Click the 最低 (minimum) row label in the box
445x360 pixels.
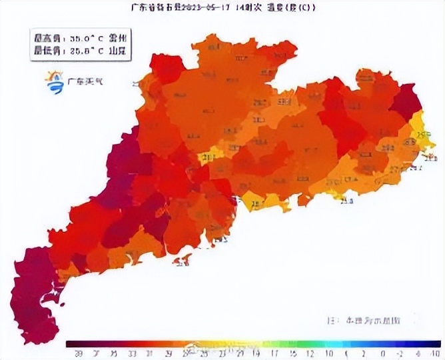click(46, 50)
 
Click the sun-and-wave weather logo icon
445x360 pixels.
click(54, 82)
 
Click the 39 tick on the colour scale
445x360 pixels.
click(79, 353)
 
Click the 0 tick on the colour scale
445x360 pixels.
click(382, 353)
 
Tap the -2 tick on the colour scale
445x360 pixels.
click(399, 353)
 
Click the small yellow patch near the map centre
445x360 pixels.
click(209, 157)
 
